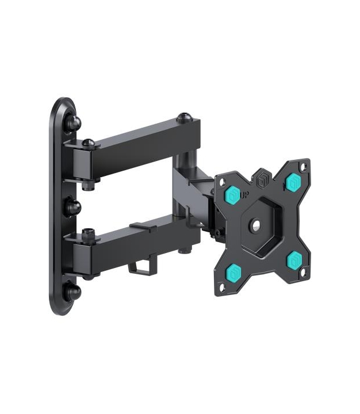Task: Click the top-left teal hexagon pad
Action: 233,194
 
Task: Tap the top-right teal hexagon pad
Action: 293,182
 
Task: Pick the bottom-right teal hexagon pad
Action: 294,259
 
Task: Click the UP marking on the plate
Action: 244,195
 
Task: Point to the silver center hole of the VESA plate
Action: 256,225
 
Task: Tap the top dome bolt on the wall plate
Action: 73,122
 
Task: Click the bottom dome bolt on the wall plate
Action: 73,292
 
